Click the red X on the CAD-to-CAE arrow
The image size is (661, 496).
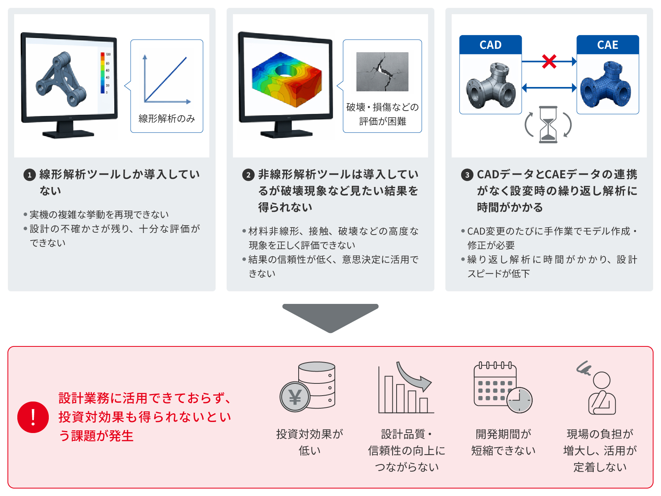tap(549, 61)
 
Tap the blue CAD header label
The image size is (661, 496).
tap(491, 44)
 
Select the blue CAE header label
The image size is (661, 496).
tap(608, 44)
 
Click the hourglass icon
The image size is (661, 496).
tap(548, 124)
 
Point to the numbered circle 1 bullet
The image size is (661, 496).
tap(30, 175)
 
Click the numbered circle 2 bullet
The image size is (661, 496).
tap(248, 175)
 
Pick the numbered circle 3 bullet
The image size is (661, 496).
tap(467, 175)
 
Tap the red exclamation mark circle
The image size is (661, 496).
tap(33, 417)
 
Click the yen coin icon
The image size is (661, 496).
tap(295, 397)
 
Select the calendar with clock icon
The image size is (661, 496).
tap(503, 387)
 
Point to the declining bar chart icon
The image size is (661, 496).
tap(406, 387)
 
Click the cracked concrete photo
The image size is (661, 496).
tap(382, 72)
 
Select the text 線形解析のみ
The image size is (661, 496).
tap(166, 118)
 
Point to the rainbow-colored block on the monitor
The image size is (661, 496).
tap(287, 80)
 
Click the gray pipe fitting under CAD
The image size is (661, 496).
tap(491, 85)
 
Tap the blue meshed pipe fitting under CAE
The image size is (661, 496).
tap(606, 84)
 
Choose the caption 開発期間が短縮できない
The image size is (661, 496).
tap(503, 442)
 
